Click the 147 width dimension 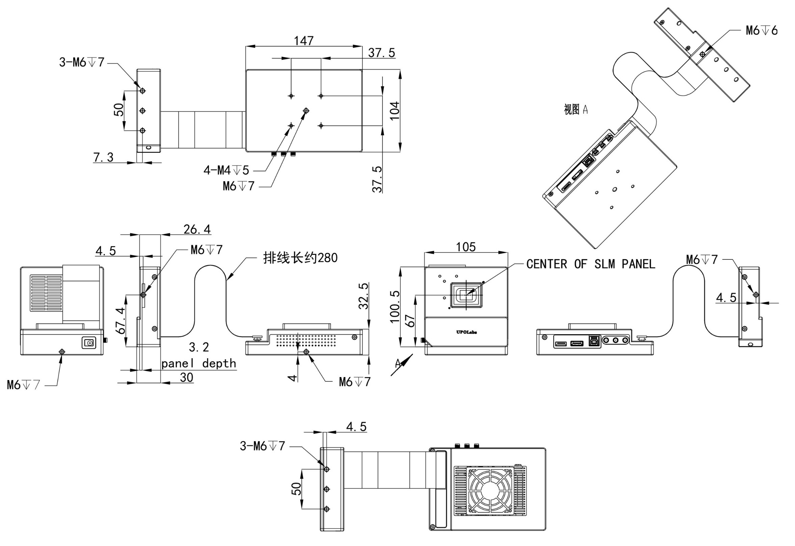tap(303, 41)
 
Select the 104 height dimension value tap(394, 111)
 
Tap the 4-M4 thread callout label tap(226, 170)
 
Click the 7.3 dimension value tap(103, 157)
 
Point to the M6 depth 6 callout tap(762, 30)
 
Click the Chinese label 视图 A tap(576, 110)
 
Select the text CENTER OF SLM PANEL tap(590, 264)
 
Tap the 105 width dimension tap(466, 247)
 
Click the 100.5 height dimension tap(394, 307)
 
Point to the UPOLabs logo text tap(466, 332)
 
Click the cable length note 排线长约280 tap(300, 258)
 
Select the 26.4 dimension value tap(197, 229)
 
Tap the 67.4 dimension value tap(120, 321)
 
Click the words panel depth tap(199, 363)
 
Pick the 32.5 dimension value tap(363, 296)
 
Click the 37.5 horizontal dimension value tap(381, 53)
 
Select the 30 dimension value tap(186, 377)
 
